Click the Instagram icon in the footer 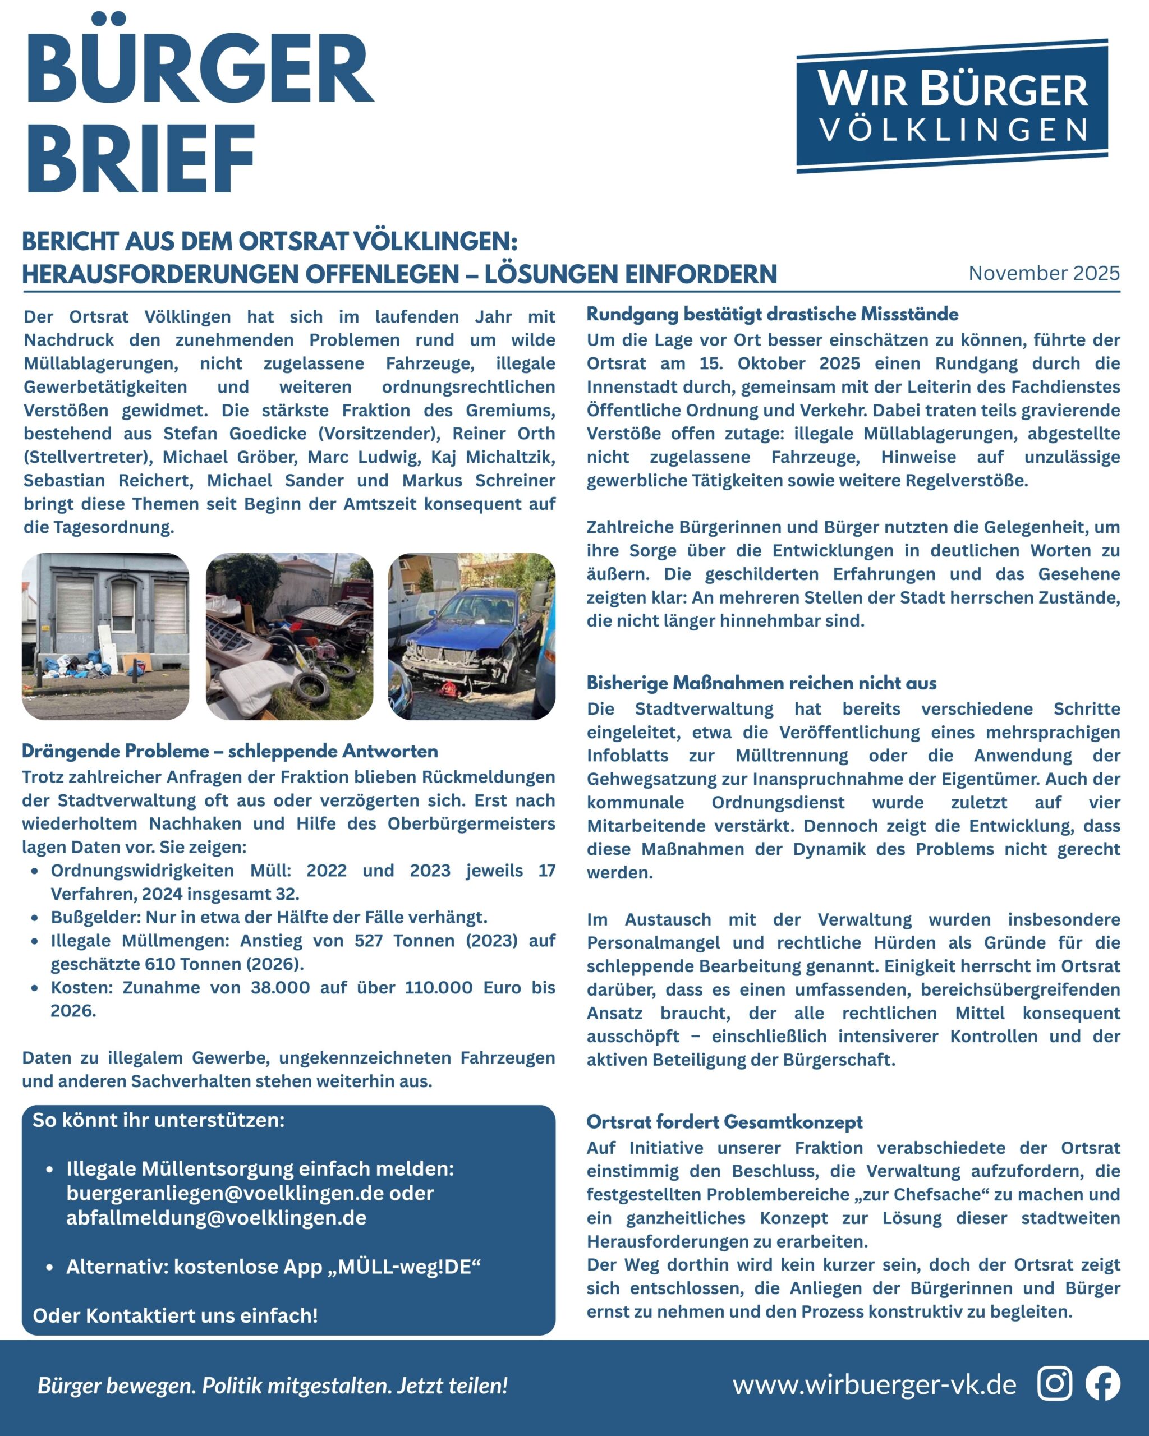click(x=1054, y=1383)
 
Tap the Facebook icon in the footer click(x=1103, y=1383)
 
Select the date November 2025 click(x=1044, y=273)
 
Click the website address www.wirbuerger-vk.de click(x=874, y=1385)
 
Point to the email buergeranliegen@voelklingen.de click(x=225, y=1193)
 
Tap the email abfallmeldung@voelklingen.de click(x=216, y=1218)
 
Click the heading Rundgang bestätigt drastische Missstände click(x=772, y=314)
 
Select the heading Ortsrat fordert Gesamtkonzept click(x=724, y=1122)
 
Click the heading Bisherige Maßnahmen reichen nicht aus click(x=761, y=683)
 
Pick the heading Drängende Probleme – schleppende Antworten click(x=230, y=751)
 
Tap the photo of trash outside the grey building click(x=105, y=636)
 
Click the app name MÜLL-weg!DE click(x=409, y=1266)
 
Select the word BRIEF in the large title click(x=141, y=159)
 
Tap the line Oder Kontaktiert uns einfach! click(x=175, y=1315)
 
